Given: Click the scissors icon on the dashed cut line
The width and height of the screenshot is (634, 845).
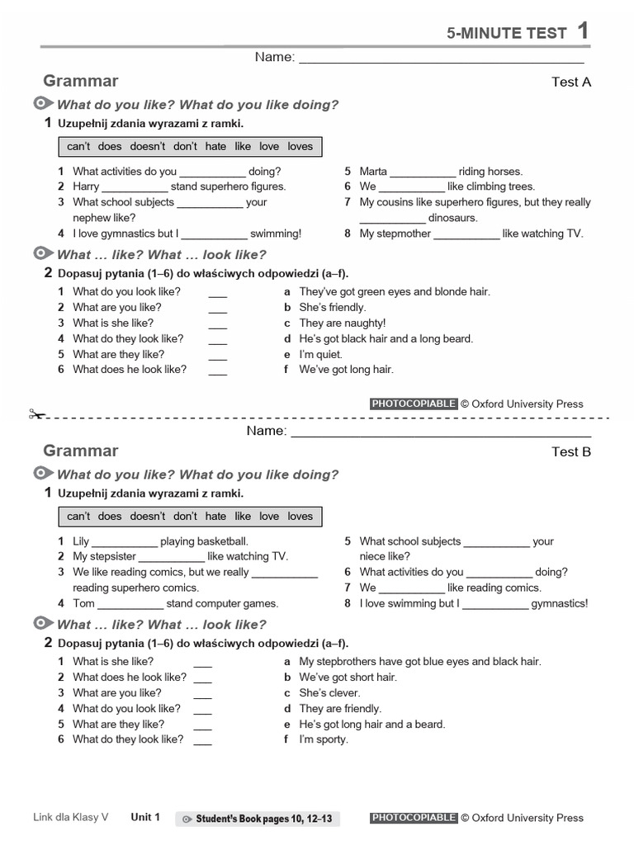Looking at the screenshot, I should pyautogui.click(x=36, y=414).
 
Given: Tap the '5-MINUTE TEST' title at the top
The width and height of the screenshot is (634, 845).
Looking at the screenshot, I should pyautogui.click(x=507, y=33).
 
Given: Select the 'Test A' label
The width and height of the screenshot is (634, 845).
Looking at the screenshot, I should pyautogui.click(x=571, y=82).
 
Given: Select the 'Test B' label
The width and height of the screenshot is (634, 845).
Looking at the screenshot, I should pyautogui.click(x=571, y=451).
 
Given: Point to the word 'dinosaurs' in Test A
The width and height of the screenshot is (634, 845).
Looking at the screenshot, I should pyautogui.click(x=452, y=218).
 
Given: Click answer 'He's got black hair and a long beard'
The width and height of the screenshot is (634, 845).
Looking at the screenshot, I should pyautogui.click(x=386, y=338).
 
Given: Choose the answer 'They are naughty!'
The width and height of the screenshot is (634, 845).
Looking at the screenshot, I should pyautogui.click(x=342, y=323).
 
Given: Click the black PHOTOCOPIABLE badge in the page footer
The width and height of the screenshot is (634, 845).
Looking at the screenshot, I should pyautogui.click(x=414, y=818).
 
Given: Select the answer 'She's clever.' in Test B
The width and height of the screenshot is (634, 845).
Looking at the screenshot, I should pyautogui.click(x=329, y=692).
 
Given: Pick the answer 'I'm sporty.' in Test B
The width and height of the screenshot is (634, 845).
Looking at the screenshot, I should pyautogui.click(x=324, y=739).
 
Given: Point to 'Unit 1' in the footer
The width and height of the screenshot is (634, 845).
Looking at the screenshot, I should pyautogui.click(x=145, y=818).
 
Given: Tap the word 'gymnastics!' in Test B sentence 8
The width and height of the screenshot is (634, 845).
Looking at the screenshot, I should pyautogui.click(x=560, y=603).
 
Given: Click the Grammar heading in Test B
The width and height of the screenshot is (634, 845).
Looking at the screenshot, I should pyautogui.click(x=81, y=451).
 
